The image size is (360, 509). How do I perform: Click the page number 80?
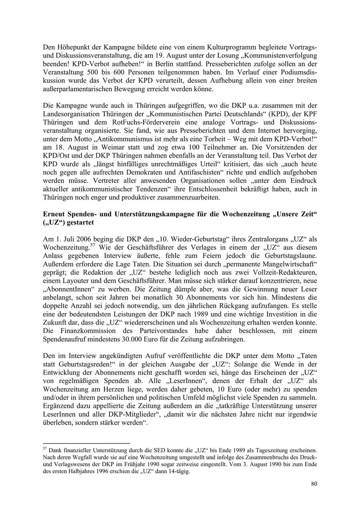tap(314, 484)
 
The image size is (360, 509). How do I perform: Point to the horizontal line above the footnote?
tap(86, 443)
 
